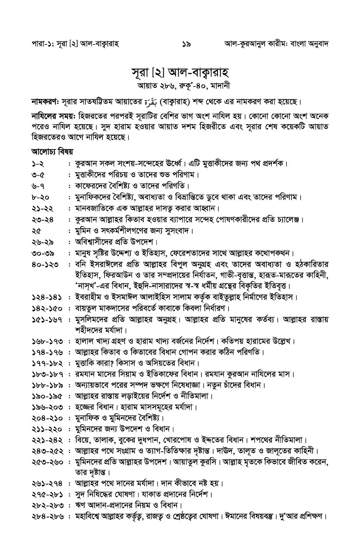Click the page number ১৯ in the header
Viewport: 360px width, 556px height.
coord(187,44)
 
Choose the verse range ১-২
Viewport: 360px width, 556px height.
coord(38,164)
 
